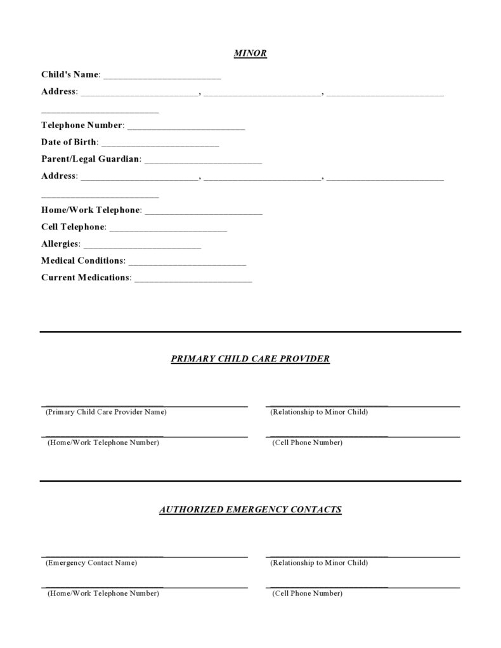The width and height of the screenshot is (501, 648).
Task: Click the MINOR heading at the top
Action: [x=250, y=54]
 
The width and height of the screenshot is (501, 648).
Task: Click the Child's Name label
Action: [x=70, y=75]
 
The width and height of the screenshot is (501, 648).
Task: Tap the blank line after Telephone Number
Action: [x=186, y=127]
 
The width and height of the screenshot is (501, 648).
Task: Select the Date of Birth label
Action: [x=68, y=142]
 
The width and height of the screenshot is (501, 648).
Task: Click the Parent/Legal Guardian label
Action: [x=91, y=159]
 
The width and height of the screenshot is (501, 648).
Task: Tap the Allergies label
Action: [x=60, y=244]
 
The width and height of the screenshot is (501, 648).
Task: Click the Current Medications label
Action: [x=86, y=278]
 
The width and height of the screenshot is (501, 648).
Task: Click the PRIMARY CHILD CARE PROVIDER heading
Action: [x=250, y=359]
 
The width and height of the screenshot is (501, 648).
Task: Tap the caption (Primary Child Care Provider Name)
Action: [x=106, y=412]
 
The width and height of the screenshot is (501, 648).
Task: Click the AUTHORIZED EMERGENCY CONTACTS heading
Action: [x=250, y=509]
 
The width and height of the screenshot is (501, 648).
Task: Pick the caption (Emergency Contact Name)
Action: [x=91, y=563]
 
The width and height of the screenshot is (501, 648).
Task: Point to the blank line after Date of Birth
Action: [x=160, y=145]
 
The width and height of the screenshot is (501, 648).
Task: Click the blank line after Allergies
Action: [x=142, y=246]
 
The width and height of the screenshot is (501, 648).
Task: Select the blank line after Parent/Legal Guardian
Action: [x=203, y=162]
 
